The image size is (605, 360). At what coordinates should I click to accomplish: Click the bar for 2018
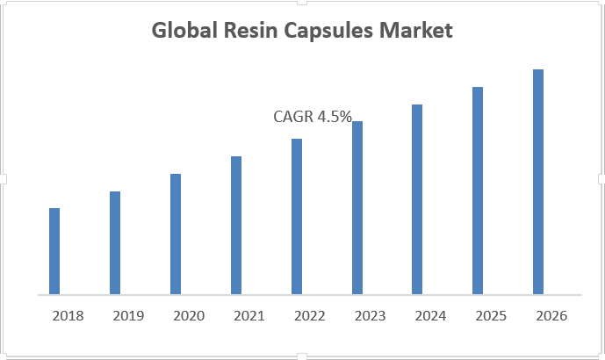(54, 251)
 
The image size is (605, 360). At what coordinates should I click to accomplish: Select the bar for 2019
(115, 242)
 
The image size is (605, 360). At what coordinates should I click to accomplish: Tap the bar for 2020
(176, 234)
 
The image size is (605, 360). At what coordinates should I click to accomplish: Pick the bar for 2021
(236, 225)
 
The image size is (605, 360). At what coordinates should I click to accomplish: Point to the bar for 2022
(297, 216)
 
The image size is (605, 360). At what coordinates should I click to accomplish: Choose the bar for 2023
(357, 207)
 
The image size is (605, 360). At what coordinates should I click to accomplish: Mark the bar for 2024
(417, 199)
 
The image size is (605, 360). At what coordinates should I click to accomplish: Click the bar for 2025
(478, 191)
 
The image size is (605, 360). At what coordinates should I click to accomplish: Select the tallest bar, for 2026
(538, 182)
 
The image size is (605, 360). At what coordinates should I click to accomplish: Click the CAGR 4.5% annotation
(313, 116)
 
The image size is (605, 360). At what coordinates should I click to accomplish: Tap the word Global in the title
(183, 32)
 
